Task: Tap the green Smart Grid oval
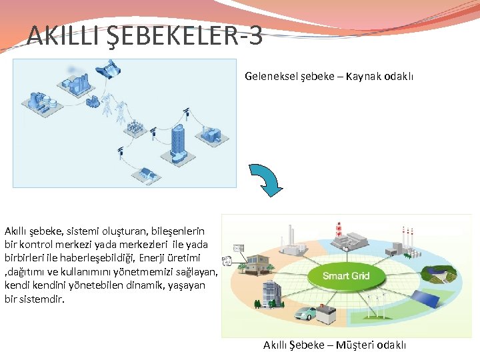pyautogui.click(x=346, y=276)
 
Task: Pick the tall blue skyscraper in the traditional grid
pyautogui.click(x=179, y=143)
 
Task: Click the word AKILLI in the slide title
pyautogui.click(x=64, y=35)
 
